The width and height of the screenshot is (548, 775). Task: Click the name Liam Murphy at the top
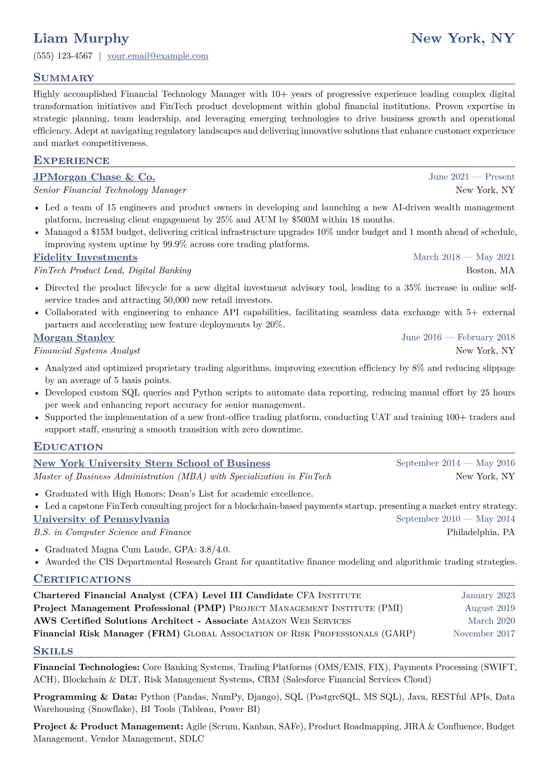(x=81, y=38)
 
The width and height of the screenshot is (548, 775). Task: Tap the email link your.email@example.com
(x=157, y=56)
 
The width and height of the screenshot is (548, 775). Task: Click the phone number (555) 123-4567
(x=63, y=56)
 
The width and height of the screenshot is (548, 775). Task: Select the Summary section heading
(x=64, y=78)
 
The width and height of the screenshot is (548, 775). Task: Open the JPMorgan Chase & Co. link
(x=94, y=177)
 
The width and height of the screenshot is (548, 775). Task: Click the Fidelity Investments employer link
(x=85, y=257)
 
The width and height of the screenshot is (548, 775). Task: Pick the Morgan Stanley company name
(x=74, y=338)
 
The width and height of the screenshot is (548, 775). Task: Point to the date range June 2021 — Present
(x=472, y=177)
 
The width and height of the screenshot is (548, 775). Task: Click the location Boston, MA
(x=490, y=270)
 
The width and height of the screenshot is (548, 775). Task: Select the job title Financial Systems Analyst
(x=87, y=351)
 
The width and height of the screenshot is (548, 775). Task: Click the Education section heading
(x=68, y=447)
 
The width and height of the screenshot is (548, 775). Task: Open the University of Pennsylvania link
(x=101, y=519)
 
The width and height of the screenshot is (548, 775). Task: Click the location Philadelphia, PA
(x=480, y=532)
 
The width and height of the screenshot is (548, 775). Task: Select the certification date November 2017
(x=484, y=634)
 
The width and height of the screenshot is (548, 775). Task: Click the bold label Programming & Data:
(x=85, y=697)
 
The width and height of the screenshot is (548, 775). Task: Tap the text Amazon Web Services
(x=301, y=621)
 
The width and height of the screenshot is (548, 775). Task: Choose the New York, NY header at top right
(x=462, y=38)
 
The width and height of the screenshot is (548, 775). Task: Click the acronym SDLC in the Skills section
(x=192, y=739)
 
